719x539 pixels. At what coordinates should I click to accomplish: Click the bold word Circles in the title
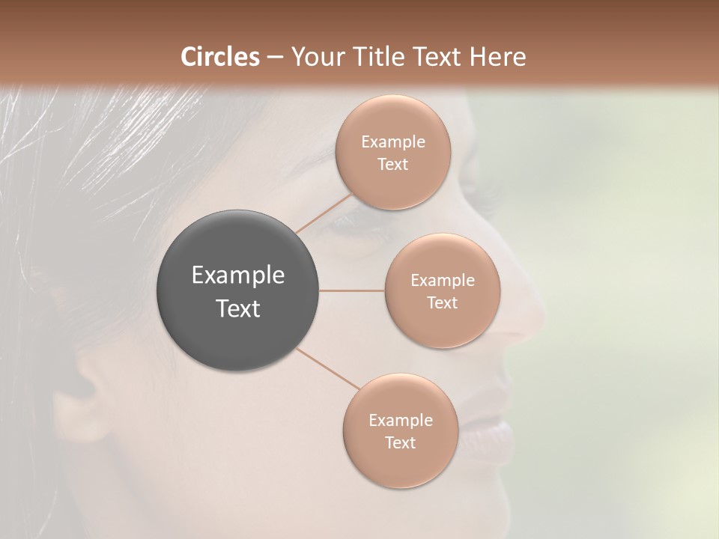219,57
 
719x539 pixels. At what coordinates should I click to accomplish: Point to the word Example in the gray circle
238,275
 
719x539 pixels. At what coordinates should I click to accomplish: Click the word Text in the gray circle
238,308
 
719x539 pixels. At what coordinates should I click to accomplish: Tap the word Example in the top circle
393,142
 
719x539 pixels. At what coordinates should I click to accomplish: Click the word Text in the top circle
393,165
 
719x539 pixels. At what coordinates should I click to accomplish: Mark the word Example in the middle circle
442,281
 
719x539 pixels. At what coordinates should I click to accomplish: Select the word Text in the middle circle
442,303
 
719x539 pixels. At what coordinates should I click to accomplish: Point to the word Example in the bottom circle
400,421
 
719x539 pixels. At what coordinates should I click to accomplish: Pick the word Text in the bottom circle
400,443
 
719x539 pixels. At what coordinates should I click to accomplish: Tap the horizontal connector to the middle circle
352,290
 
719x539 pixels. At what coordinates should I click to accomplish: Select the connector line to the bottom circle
327,369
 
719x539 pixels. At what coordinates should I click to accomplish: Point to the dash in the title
274,58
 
